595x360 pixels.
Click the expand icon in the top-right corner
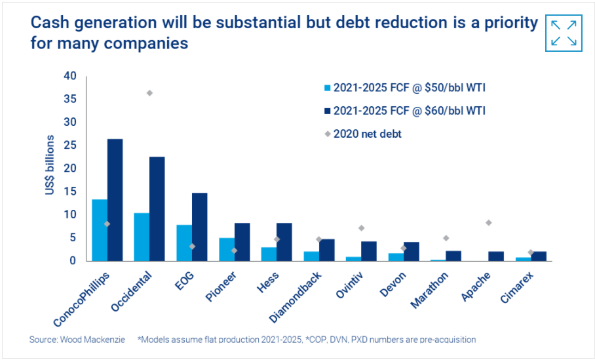[564, 33]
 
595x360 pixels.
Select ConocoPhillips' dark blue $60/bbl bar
[115, 200]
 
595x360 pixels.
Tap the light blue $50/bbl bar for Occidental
[142, 237]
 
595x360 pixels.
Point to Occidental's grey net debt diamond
[149, 93]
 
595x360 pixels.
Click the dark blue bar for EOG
[200, 227]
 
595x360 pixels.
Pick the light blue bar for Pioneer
[227, 249]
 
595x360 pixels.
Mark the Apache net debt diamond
[489, 222]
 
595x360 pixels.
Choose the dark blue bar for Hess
[284, 242]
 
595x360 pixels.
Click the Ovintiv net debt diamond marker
[362, 228]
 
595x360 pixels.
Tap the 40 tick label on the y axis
[70, 76]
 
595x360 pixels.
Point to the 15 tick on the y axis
[70, 191]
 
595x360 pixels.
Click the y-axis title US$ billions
[50, 165]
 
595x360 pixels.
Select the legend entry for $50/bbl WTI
[404, 88]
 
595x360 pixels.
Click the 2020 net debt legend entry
[363, 134]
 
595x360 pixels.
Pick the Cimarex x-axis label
[517, 287]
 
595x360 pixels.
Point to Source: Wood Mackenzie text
[77, 340]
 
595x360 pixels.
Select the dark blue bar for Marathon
[453, 256]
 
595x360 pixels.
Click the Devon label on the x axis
[393, 285]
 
